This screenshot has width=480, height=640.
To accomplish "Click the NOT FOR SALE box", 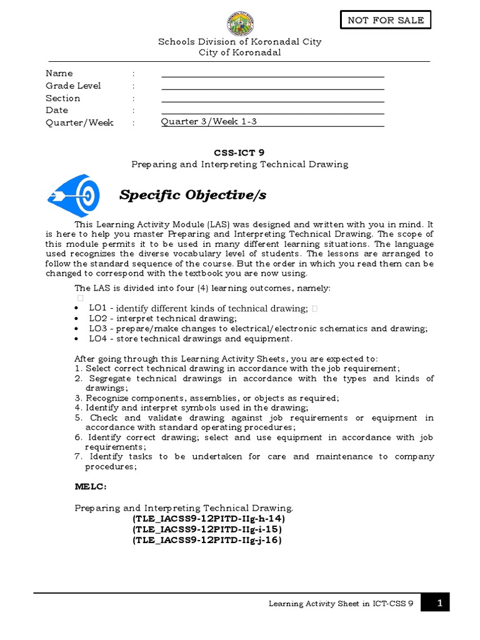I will [x=386, y=20].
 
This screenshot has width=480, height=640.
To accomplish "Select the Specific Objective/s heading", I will [x=192, y=196].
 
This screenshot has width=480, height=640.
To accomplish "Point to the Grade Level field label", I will [x=73, y=86].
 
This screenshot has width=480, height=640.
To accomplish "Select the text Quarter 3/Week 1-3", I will [x=209, y=122].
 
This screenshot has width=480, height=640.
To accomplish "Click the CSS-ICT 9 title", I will [x=239, y=152].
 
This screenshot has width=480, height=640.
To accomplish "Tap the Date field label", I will [x=57, y=110].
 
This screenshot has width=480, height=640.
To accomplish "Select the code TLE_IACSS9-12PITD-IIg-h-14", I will [x=208, y=519].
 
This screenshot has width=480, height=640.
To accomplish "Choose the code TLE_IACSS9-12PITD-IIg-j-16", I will [x=207, y=540].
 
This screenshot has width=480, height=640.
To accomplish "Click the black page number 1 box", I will [x=435, y=603].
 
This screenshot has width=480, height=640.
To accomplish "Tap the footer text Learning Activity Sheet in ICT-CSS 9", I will [x=341, y=604].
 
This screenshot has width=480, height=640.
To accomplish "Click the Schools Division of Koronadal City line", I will [x=240, y=42].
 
